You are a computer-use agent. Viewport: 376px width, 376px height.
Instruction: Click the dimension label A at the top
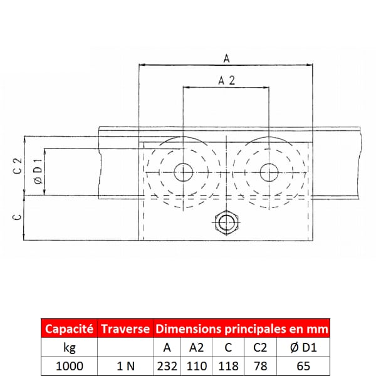[227, 58]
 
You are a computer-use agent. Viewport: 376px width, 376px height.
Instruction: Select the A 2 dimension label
[227, 81]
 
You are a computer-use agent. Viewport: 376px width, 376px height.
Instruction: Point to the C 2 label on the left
[18, 165]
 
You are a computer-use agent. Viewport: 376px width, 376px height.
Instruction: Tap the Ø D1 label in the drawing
[38, 171]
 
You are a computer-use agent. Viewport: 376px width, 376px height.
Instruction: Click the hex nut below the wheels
[226, 222]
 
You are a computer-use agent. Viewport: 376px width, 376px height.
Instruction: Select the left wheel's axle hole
[183, 172]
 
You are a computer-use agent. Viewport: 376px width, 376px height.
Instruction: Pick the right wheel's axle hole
[269, 172]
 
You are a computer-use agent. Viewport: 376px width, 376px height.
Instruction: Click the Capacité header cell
[70, 328]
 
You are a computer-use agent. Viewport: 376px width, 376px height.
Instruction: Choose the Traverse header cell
[125, 328]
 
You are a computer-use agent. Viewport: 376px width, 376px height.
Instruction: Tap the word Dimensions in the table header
[188, 329]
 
